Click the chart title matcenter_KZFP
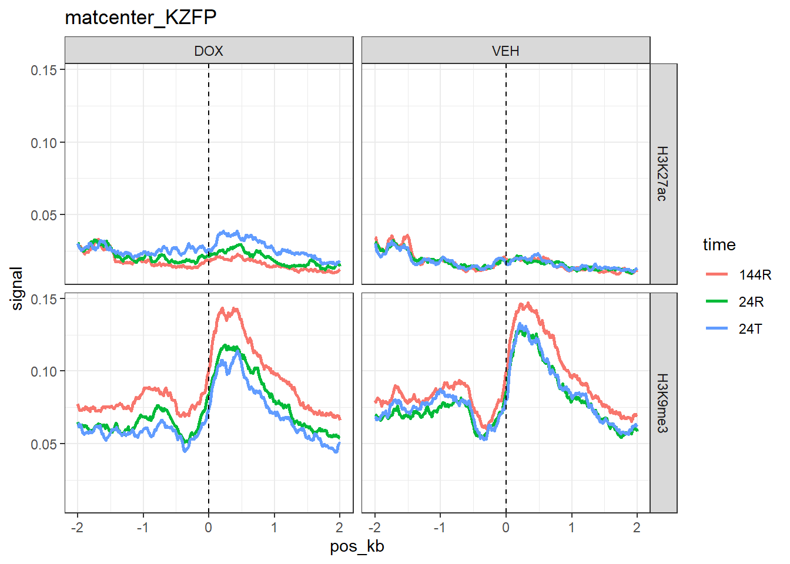coord(140,18)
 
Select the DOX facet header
coord(209,51)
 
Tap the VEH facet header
coord(506,51)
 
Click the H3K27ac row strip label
coord(662,174)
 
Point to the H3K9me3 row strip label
coord(662,403)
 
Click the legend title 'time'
coord(719,244)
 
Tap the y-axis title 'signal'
coord(17,288)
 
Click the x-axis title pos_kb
coord(357,546)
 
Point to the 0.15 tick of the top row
coord(44,70)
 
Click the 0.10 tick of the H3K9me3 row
coord(44,371)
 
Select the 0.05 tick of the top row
coord(44,215)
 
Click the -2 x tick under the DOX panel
coord(77,528)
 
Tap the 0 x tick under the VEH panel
coord(506,528)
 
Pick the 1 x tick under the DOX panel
coord(274,528)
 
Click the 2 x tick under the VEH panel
coord(637,528)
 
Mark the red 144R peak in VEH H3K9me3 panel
coord(527,304)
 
